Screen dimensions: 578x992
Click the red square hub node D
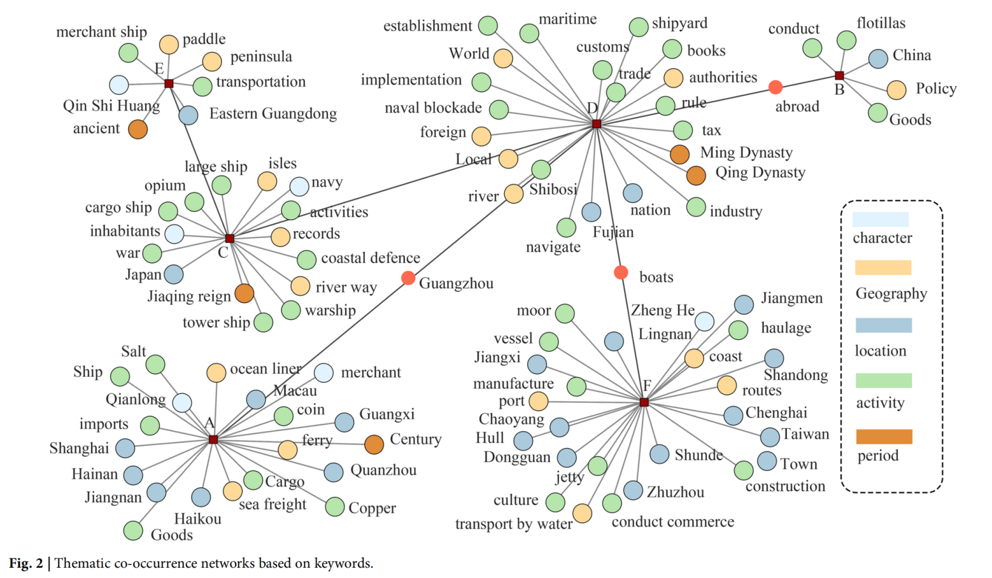pos(596,124)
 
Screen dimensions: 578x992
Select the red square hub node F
pos(644,402)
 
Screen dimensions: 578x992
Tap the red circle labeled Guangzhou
pos(408,278)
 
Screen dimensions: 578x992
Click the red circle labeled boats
pos(621,272)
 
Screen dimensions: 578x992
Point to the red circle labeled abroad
pos(775,87)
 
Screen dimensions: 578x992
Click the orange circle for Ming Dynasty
pos(679,155)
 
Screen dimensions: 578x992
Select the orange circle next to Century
pos(374,444)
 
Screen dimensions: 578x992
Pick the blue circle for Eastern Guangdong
pos(188,115)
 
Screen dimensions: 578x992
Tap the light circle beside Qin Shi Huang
pos(119,85)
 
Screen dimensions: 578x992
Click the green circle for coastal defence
pos(306,260)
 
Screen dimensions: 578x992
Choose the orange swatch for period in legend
pos(884,437)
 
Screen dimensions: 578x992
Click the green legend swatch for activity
pos(884,380)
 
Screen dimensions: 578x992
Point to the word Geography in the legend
pos(891,293)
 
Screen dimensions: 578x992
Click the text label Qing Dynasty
pos(760,172)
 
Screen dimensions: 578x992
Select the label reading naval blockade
pos(433,108)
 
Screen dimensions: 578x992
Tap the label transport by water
pos(514,524)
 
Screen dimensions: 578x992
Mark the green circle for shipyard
pos(638,27)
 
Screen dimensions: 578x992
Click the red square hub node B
pos(839,76)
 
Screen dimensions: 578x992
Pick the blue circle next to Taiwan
pos(770,437)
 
